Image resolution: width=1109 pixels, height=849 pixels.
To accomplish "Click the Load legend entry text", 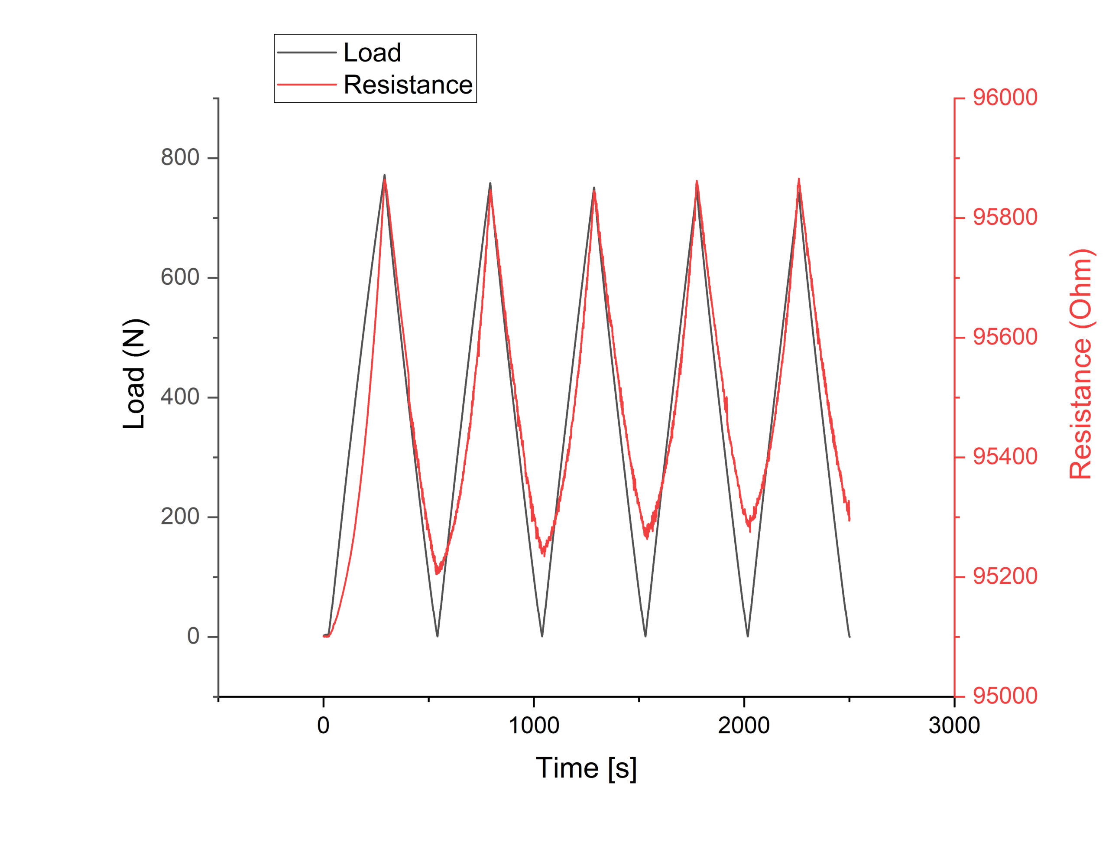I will point(372,52).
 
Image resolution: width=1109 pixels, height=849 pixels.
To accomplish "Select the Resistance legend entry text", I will point(408,85).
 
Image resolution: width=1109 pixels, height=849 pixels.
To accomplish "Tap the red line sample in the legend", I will point(307,85).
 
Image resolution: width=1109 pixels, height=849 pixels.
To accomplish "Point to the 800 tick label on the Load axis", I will point(180,158).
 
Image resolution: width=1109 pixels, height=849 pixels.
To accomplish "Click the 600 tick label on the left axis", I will point(180,277).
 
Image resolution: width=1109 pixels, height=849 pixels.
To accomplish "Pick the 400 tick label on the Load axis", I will point(180,397).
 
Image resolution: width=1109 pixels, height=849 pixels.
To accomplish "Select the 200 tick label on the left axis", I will point(180,517).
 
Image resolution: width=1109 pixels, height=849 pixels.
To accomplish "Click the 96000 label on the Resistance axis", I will point(1005,98).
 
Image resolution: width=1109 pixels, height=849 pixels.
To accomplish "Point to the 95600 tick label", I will point(1005,338).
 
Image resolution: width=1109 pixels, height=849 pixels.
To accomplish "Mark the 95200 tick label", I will point(1005,576).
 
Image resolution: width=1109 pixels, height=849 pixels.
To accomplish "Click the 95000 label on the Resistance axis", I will point(1005,696).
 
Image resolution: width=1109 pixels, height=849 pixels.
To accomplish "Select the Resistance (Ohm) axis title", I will point(1081,364).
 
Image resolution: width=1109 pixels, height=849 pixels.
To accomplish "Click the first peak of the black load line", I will point(384,176).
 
